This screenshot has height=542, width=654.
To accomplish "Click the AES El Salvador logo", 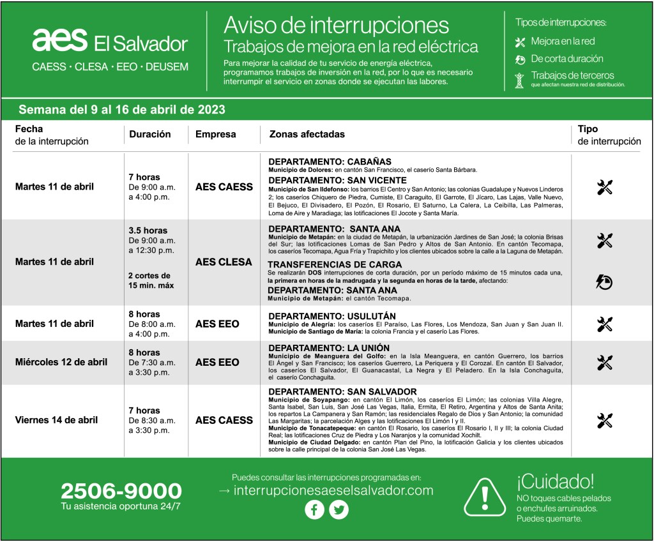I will pyautogui.click(x=110, y=41).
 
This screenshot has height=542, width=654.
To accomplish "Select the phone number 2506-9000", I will pyautogui.click(x=121, y=491).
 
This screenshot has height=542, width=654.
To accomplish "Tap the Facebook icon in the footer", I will pyautogui.click(x=314, y=509).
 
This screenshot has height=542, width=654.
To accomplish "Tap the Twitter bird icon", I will pyautogui.click(x=338, y=509).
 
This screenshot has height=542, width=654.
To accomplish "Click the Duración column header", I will pyautogui.click(x=150, y=135).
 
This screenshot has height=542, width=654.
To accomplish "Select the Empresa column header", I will pyautogui.click(x=215, y=135).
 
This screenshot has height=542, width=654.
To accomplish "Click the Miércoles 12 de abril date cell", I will pyautogui.click(x=61, y=362).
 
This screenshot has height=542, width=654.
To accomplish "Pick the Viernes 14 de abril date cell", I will pyautogui.click(x=56, y=420).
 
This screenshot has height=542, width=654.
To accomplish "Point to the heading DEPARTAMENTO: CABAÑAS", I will pyautogui.click(x=330, y=162).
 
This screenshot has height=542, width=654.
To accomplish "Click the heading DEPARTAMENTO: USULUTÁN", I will pyautogui.click(x=332, y=316).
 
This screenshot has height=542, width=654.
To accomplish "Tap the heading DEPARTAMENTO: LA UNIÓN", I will pyautogui.click(x=329, y=347).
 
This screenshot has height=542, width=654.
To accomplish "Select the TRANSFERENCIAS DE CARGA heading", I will pyautogui.click(x=335, y=264).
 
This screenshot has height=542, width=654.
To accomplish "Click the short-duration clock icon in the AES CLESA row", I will pyautogui.click(x=604, y=281).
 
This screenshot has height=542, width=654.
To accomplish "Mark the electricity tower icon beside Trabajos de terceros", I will pyautogui.click(x=520, y=79).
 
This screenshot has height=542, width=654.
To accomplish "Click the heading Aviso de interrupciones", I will pyautogui.click(x=336, y=25).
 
